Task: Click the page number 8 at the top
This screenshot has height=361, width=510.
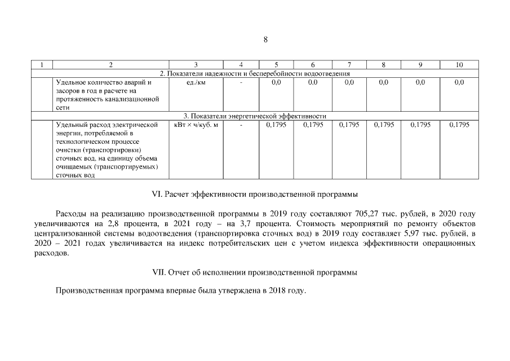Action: click(x=265, y=39)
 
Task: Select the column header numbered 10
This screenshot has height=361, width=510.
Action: click(x=459, y=65)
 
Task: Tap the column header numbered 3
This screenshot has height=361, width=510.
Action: click(x=196, y=65)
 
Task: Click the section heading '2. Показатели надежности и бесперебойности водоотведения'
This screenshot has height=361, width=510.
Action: click(x=255, y=73)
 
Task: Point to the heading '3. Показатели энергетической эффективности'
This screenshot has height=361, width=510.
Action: click(x=255, y=116)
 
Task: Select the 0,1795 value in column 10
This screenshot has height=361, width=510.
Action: click(x=459, y=125)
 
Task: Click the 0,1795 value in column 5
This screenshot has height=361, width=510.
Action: click(x=276, y=125)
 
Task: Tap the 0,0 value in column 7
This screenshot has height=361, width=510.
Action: click(x=349, y=82)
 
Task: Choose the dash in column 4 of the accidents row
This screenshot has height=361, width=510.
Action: click(x=241, y=82)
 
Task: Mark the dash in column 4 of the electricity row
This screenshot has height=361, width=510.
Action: click(x=241, y=125)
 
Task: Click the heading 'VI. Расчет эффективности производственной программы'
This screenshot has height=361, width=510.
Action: click(x=255, y=195)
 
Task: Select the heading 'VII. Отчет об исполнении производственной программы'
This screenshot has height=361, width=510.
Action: click(x=255, y=272)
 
